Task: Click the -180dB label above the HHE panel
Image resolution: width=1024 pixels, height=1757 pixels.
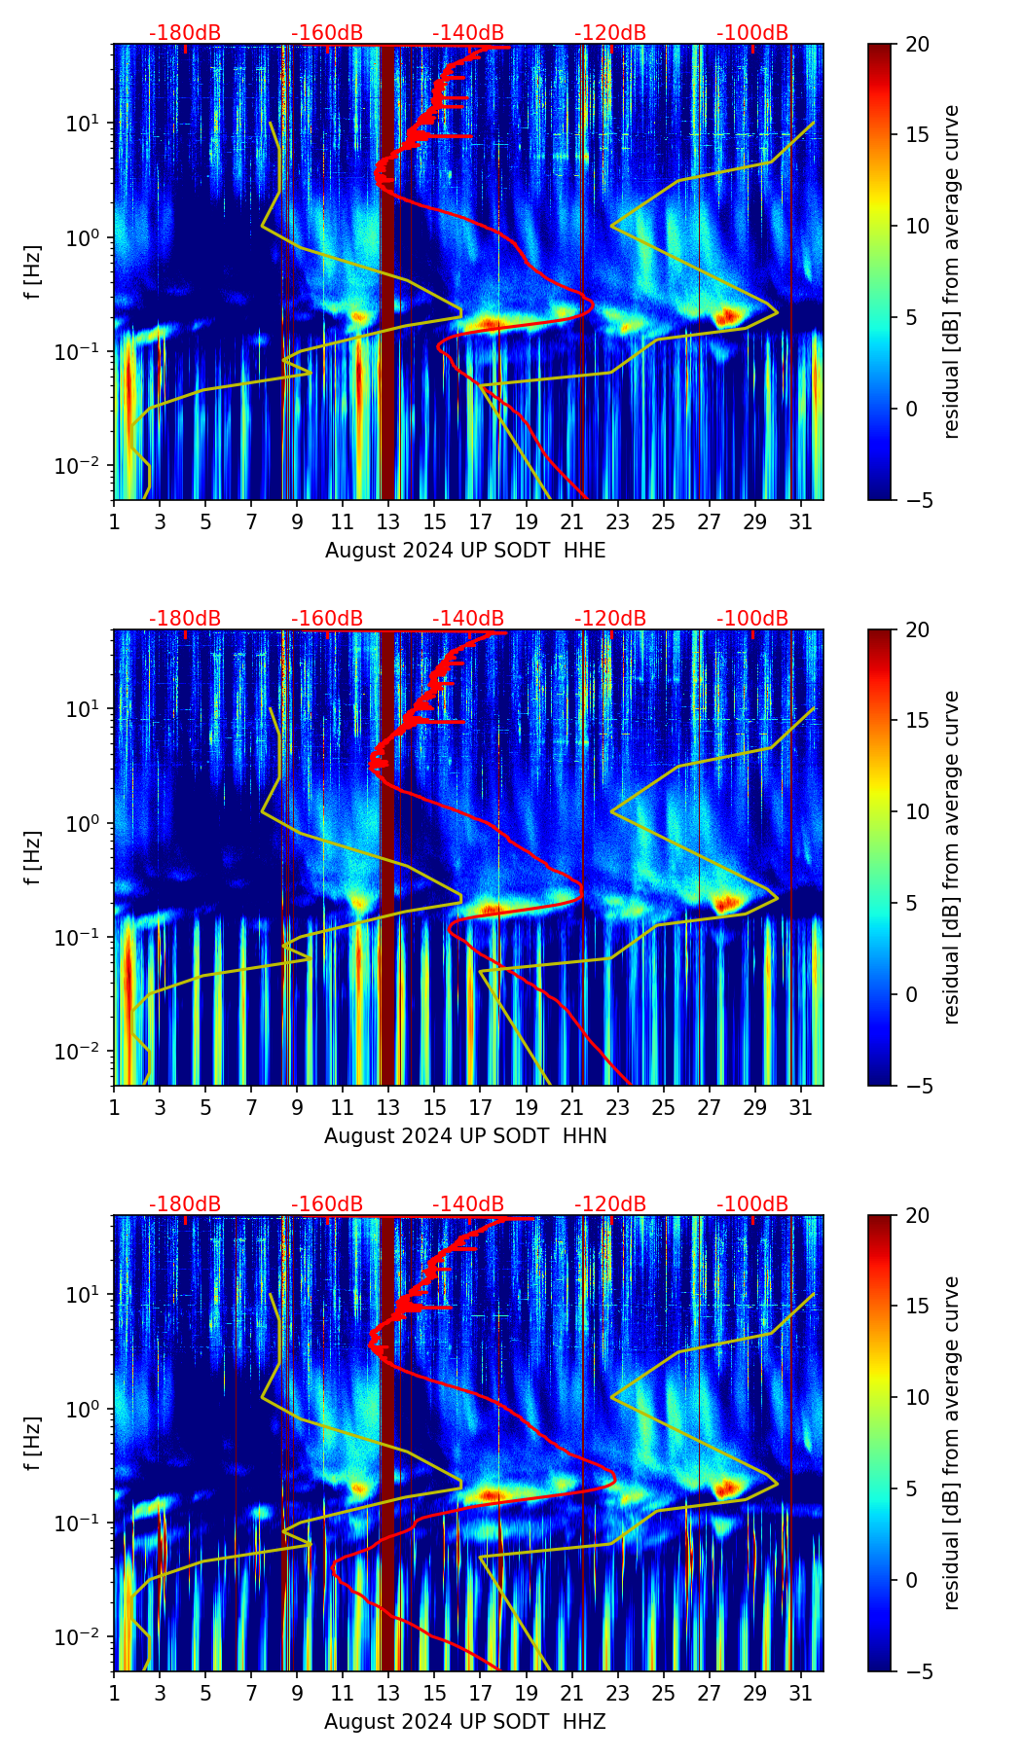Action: [185, 33]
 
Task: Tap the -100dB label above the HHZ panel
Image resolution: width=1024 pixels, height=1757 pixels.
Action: [752, 1204]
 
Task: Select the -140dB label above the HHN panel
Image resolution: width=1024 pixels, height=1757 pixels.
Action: [468, 619]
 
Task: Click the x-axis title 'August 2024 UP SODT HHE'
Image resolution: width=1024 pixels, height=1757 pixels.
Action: [465, 551]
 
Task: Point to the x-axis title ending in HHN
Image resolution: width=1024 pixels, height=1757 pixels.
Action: [465, 1136]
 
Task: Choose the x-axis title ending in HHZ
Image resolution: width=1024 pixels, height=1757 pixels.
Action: [465, 1722]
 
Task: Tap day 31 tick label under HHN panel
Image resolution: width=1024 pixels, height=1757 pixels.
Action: [800, 1107]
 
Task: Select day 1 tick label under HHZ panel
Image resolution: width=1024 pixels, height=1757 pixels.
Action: [114, 1693]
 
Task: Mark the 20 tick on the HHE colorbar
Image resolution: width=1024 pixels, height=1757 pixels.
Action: [918, 45]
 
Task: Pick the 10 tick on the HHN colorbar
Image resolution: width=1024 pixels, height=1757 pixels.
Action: [918, 811]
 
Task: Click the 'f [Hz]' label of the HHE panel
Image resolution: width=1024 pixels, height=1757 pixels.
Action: [33, 272]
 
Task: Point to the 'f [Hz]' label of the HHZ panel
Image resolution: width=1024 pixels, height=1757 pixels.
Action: [33, 1444]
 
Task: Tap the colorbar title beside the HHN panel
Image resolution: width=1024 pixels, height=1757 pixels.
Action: [952, 857]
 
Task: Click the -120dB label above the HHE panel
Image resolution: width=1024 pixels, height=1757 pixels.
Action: [610, 33]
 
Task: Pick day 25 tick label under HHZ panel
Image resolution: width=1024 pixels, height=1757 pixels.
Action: [663, 1693]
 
